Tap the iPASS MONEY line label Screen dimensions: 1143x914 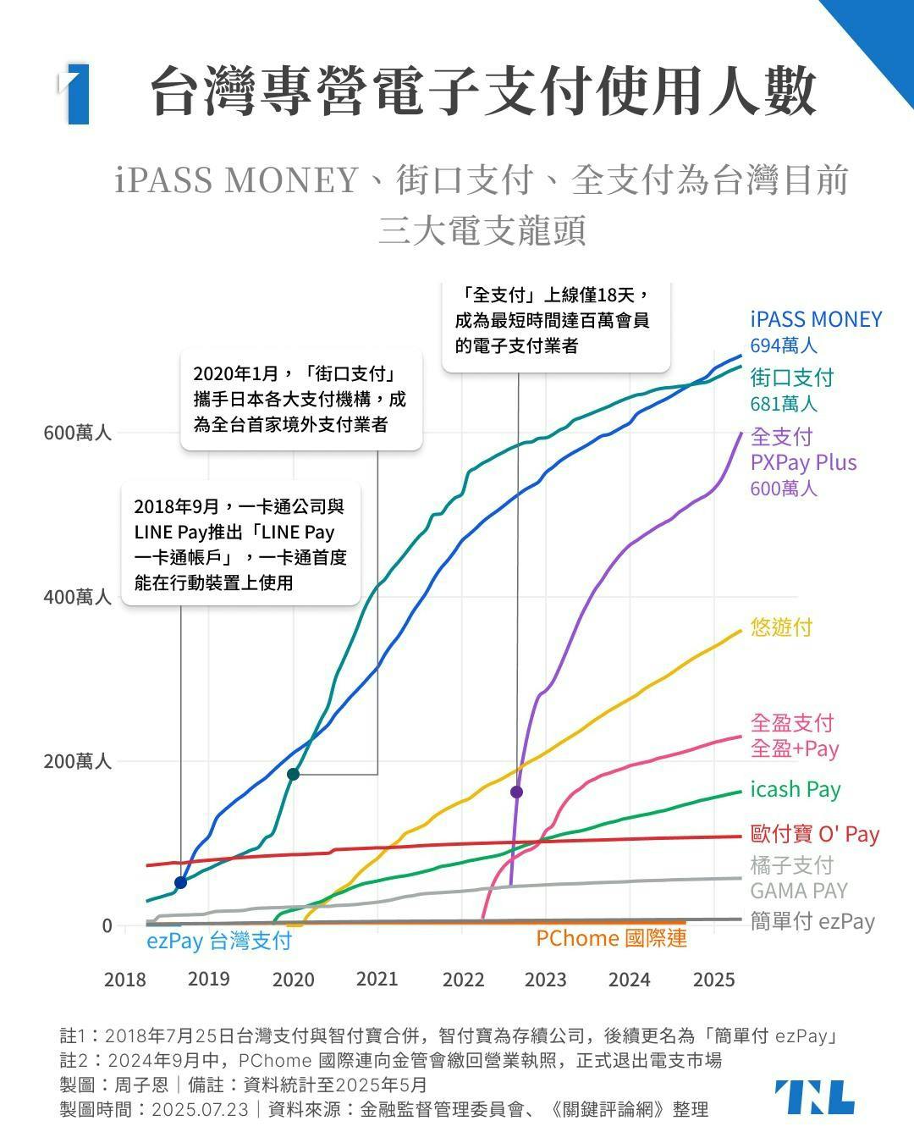tap(816, 319)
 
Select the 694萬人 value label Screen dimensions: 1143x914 tap(784, 345)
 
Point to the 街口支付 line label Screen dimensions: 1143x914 tap(792, 377)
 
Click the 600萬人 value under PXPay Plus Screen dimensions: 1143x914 tap(784, 489)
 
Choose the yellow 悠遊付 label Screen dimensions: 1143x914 tap(781, 627)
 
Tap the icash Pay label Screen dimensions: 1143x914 tap(796, 789)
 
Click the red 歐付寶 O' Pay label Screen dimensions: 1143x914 tap(815, 834)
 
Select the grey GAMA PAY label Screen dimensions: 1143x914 tap(798, 890)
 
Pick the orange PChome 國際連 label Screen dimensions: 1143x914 tap(611, 938)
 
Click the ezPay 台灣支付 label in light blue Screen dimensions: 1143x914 tap(219, 941)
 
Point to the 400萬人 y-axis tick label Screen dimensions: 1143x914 tap(78, 597)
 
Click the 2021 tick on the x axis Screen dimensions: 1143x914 tap(377, 979)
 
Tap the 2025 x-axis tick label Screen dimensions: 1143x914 tap(713, 980)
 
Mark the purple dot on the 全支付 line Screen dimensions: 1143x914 tap(516, 792)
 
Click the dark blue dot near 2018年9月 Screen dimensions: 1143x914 tap(180, 883)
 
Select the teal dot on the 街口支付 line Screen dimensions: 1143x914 tap(293, 775)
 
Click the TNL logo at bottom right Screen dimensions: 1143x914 tap(814, 1097)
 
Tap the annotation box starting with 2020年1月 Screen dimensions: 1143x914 tap(300, 399)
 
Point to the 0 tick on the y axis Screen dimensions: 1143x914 tap(107, 926)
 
